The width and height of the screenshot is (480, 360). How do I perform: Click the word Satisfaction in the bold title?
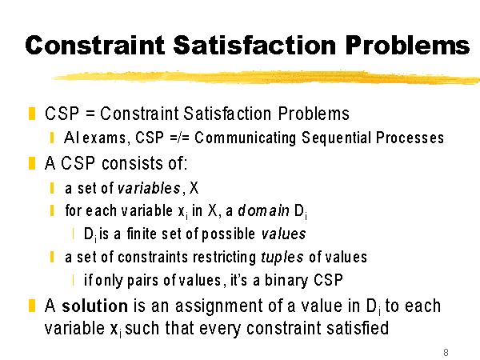254,45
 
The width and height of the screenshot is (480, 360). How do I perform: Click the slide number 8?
446,352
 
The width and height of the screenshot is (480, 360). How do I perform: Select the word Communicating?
246,138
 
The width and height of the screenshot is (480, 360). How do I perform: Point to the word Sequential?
337,138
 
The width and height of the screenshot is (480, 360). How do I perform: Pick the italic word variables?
149,188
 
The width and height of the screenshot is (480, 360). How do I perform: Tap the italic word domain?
263,210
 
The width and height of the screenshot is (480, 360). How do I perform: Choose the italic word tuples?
282,257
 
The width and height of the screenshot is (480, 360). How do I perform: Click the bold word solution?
95,306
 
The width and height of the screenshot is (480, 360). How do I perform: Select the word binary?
286,280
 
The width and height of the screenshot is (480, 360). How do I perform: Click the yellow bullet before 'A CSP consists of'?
32,163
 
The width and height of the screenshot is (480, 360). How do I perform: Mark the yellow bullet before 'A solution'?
32,306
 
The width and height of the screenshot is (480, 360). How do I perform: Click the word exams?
104,138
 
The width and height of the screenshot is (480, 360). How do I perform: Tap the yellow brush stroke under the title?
266,77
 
